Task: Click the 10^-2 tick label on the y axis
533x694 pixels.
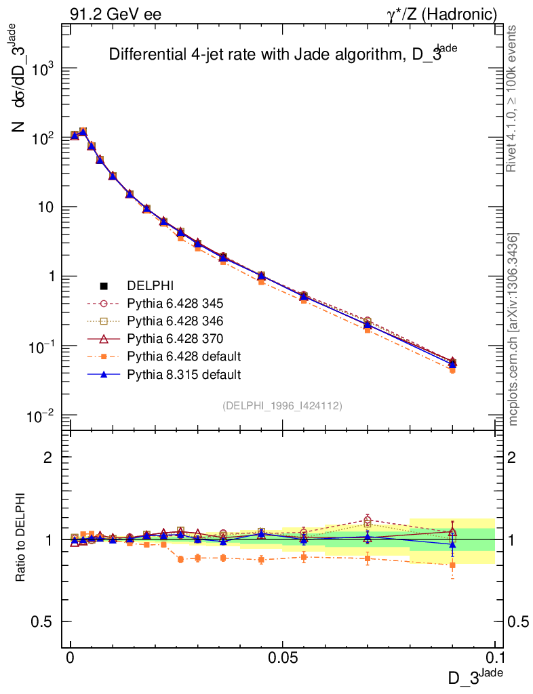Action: click(40, 415)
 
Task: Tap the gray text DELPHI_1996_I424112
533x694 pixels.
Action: click(281, 406)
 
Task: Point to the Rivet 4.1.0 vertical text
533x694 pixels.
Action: click(513, 99)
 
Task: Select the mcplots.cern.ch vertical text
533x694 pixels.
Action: click(513, 329)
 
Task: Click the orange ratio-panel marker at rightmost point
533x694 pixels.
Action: click(452, 565)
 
